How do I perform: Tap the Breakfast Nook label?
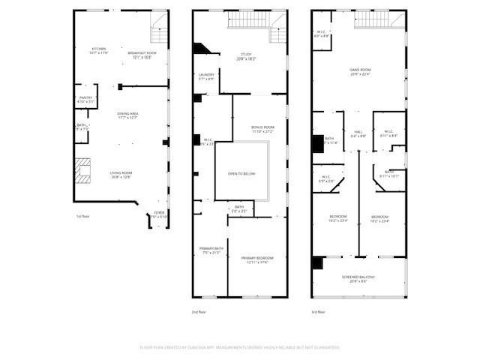coord(142,54)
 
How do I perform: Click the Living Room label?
coord(121,175)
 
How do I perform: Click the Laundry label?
coord(207,76)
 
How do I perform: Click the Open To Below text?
coord(241,173)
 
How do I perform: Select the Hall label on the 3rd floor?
coord(358,133)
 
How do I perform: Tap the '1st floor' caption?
coord(84,217)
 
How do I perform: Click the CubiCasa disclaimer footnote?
coord(240,347)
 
